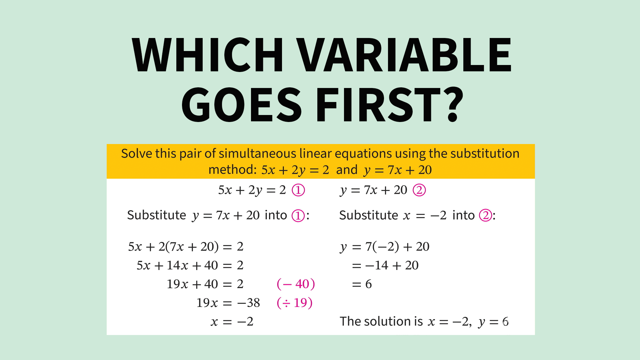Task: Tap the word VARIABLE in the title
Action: [404, 55]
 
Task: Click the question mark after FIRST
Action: [453, 104]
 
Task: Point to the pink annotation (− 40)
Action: [296, 284]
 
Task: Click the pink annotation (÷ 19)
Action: [295, 303]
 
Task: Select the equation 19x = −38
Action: [228, 303]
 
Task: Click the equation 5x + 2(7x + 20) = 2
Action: [186, 247]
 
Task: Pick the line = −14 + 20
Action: [385, 265]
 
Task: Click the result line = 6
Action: [362, 284]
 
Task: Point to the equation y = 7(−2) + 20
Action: [385, 247]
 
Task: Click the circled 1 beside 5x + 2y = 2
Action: [298, 190]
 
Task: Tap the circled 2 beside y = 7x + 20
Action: [419, 190]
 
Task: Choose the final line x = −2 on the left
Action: [232, 322]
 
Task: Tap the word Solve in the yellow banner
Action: [137, 154]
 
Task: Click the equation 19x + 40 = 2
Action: [205, 284]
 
